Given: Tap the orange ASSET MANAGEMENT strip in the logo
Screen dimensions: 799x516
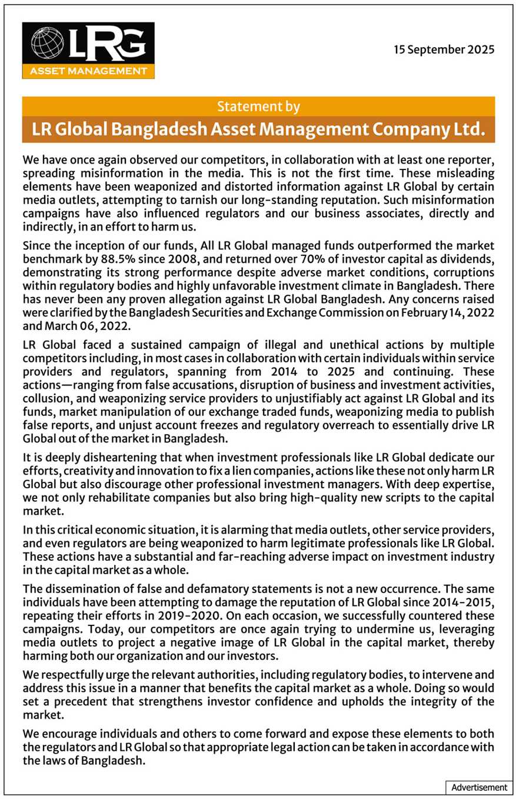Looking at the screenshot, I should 88,72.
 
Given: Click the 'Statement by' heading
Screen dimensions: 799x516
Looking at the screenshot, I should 258,106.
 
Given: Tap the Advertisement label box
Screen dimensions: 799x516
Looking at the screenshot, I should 479,787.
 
